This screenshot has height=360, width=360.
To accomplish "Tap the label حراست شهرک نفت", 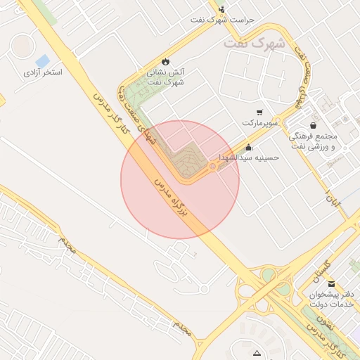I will click(222, 19).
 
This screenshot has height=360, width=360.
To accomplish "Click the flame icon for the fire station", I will click(166, 61).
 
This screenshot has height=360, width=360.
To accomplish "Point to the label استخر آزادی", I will click(43, 72).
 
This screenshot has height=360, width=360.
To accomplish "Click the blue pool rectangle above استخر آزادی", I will click(43, 60).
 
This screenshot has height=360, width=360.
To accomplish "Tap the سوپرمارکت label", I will click(261, 123).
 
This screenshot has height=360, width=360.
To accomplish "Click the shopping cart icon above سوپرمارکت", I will click(259, 112).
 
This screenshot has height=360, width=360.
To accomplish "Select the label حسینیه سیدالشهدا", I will click(249, 157).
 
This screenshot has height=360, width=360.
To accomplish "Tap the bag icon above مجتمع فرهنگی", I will click(313, 125).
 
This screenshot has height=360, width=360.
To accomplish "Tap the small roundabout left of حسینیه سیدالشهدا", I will click(213, 166).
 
